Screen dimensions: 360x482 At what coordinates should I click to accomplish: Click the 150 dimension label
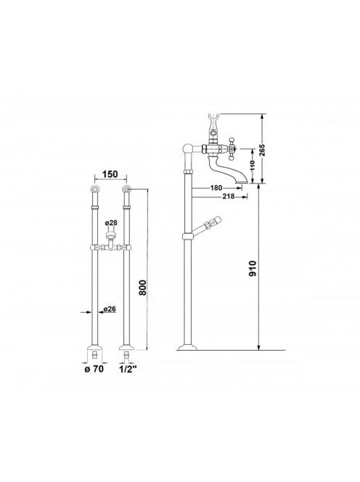[110, 174]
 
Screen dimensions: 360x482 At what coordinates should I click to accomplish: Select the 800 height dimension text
[143, 287]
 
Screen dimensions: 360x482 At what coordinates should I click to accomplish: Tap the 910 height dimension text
[253, 269]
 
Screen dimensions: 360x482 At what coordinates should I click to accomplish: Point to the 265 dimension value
[261, 150]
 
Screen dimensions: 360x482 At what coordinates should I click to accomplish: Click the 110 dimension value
[253, 166]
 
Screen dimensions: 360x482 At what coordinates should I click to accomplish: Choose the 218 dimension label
[228, 197]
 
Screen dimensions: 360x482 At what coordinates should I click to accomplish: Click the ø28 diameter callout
[111, 223]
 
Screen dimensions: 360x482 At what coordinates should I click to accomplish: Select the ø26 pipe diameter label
[110, 309]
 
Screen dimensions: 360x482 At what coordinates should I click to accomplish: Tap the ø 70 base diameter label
[94, 369]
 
